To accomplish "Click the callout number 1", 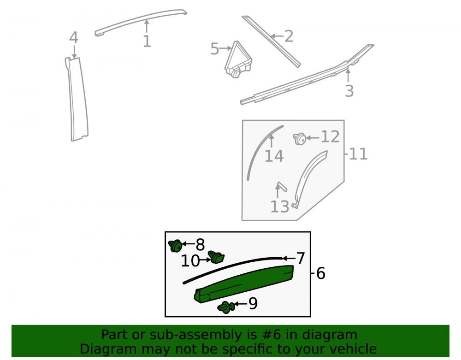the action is tap(147, 41).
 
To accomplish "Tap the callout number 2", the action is tap(289, 36).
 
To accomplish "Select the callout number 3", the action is tap(349, 91).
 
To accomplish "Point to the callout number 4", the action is tap(74, 38).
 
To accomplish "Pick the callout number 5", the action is tap(215, 48).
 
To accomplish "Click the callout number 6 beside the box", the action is tap(321, 273).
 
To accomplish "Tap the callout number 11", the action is tap(358, 154).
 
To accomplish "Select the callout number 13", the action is tap(280, 207).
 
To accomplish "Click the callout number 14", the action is tap(274, 156).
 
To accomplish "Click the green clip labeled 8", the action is tap(176, 246).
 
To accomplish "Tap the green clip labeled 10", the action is tap(216, 257).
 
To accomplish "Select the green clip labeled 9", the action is tap(226, 307).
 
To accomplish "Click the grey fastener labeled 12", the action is tap(300, 139).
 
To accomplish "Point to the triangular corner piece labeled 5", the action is tap(238, 60).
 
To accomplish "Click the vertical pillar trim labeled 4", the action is tap(77, 99).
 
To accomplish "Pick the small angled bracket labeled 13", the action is tap(281, 187).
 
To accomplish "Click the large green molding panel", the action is tap(244, 283).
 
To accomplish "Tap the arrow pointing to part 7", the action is tap(289, 258).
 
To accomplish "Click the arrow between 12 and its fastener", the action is tap(313, 137).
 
